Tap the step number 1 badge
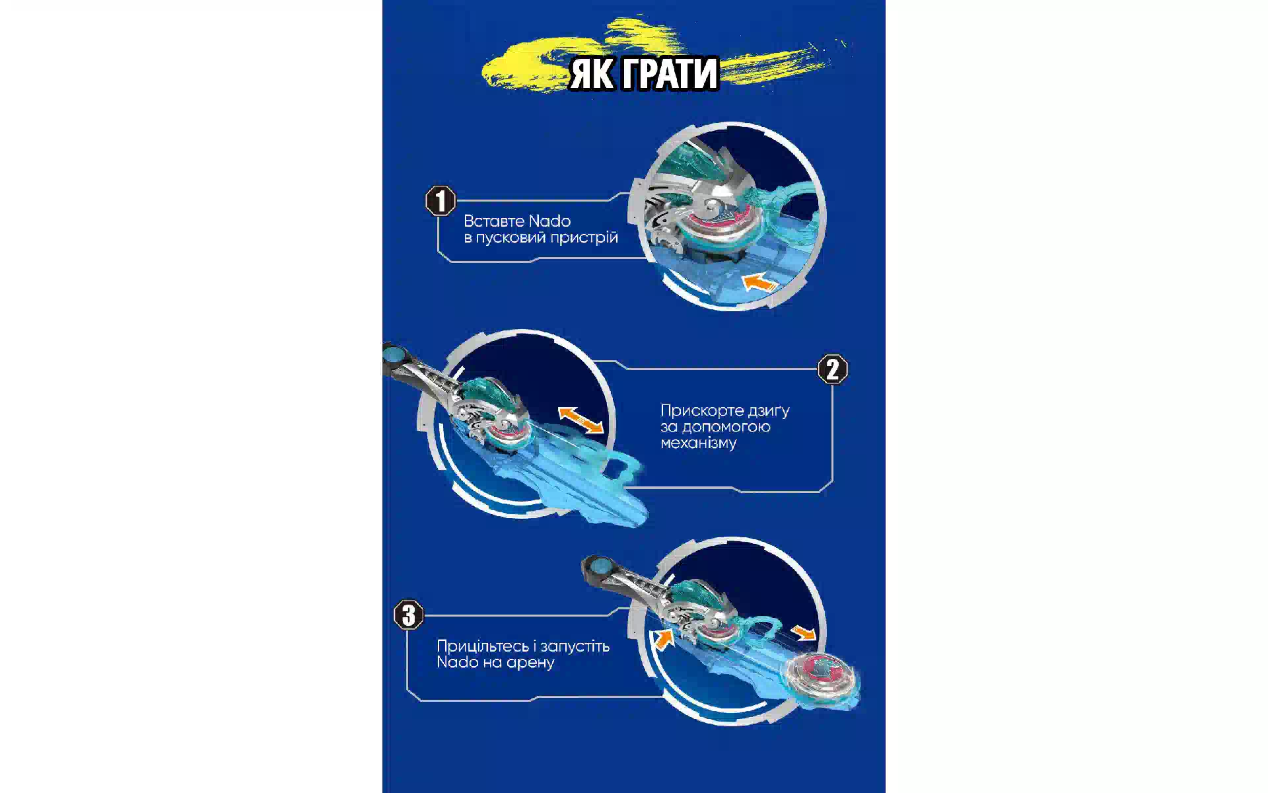(x=440, y=201)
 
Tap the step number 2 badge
(x=832, y=369)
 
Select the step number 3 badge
(x=409, y=615)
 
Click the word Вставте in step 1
(x=493, y=221)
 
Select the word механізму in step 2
(x=698, y=443)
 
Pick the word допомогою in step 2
(x=733, y=427)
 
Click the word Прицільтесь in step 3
(x=483, y=646)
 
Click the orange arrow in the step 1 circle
(x=759, y=282)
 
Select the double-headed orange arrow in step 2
(x=581, y=420)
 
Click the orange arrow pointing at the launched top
(x=804, y=633)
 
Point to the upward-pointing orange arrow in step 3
(x=663, y=639)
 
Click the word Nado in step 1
(x=550, y=221)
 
